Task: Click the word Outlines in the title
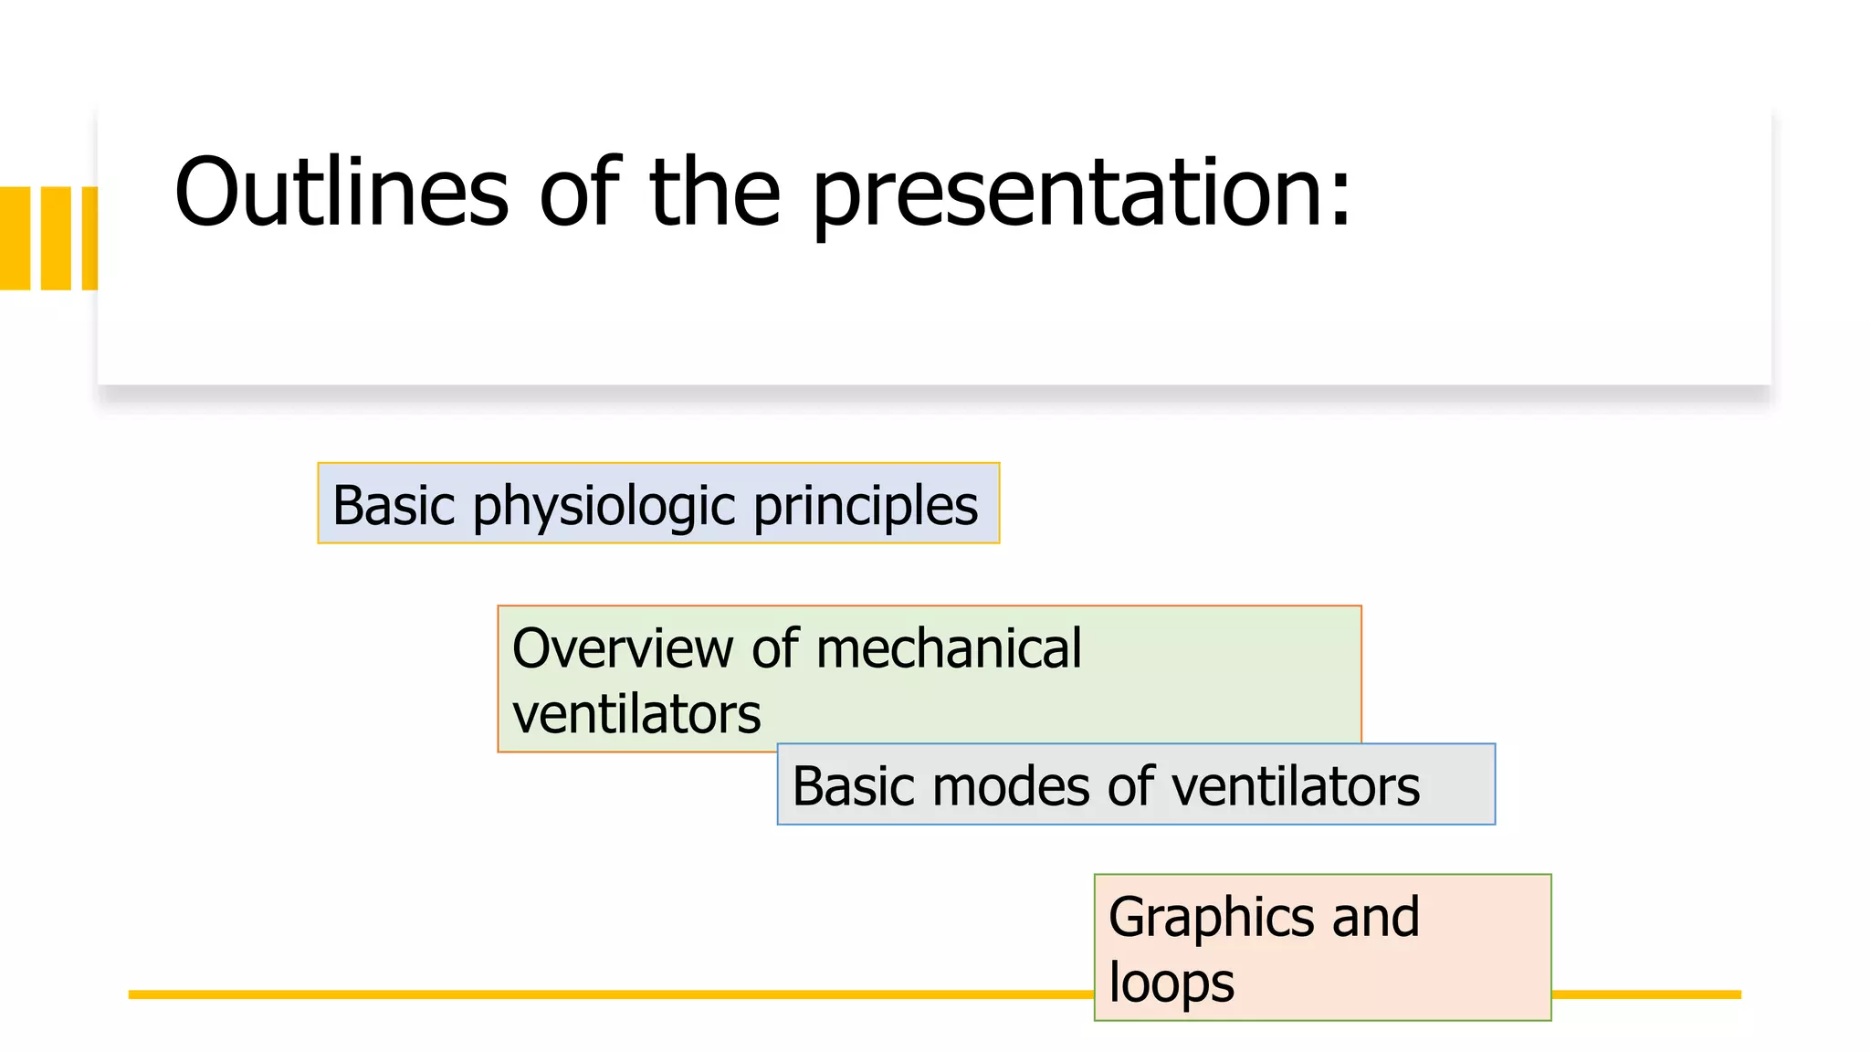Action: click(x=341, y=193)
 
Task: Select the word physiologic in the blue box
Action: click(x=604, y=507)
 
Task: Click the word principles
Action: click(x=865, y=507)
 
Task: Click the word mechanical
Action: click(x=948, y=648)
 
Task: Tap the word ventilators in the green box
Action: click(x=636, y=714)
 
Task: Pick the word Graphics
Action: click(x=1210, y=918)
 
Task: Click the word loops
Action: click(x=1171, y=984)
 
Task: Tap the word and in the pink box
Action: click(x=1375, y=917)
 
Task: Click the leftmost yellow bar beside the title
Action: click(x=15, y=238)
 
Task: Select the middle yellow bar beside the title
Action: click(x=56, y=238)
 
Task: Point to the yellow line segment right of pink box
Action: click(x=1645, y=994)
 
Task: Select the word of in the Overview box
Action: click(x=775, y=648)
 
